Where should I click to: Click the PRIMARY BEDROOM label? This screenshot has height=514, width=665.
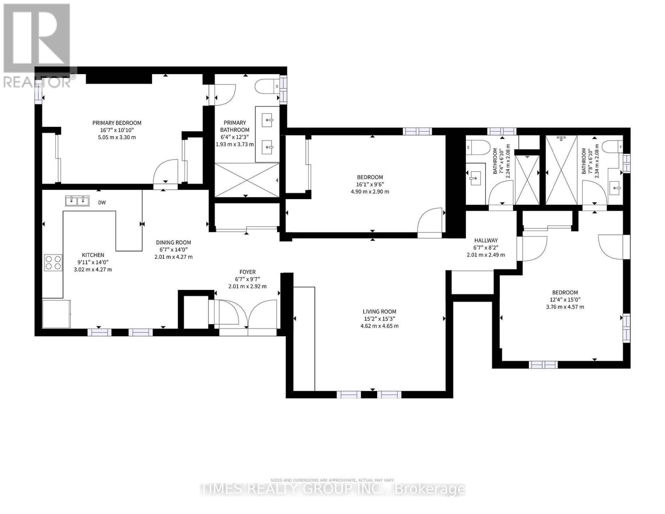[x=117, y=123]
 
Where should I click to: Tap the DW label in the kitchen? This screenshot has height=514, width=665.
[x=102, y=203]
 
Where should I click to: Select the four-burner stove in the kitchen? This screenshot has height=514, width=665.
[x=53, y=262]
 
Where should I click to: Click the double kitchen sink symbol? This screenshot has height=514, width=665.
[x=77, y=200]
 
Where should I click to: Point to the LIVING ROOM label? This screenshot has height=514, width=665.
[x=379, y=312]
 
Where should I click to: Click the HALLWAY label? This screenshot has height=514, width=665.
[x=486, y=241]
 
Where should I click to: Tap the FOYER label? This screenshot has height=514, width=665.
[x=248, y=272]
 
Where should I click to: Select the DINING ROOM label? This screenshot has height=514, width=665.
[x=173, y=242]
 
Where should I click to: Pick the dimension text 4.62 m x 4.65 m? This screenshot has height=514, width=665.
[x=379, y=326]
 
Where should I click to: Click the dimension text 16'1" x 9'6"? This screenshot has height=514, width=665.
[x=370, y=185]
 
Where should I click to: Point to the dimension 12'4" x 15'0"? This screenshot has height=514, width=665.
[x=565, y=300]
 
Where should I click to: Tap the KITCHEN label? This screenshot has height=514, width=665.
[x=93, y=255]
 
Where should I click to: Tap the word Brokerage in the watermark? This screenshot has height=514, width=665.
[x=429, y=489]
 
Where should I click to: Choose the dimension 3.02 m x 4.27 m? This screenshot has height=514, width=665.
[x=93, y=269]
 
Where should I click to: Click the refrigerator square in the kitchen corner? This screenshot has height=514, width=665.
[x=56, y=314]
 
